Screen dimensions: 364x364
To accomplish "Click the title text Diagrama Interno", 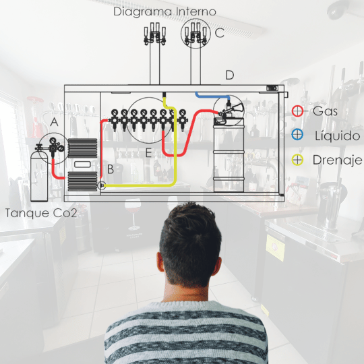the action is [x=164, y=12].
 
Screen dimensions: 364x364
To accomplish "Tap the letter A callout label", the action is [x=54, y=122].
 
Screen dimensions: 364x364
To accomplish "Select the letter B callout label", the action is [x=111, y=169].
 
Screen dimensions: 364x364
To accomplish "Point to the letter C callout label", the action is [x=219, y=33].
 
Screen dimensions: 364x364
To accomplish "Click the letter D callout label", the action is [x=230, y=75].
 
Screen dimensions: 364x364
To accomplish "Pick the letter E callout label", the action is [x=148, y=153].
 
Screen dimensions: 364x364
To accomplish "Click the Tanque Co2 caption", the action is [x=41, y=213].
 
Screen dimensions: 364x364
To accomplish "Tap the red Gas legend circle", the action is [x=297, y=111].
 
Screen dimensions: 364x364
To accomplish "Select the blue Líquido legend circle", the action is [x=297, y=135].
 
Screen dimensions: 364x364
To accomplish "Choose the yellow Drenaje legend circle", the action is [x=297, y=160].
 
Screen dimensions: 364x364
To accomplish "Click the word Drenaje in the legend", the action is [x=337, y=160].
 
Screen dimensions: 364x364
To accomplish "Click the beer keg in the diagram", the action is [x=229, y=155].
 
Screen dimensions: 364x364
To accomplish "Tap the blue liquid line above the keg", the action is [x=212, y=96].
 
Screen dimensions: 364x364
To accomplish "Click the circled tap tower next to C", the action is [x=195, y=34].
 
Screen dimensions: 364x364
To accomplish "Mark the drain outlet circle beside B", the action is [x=101, y=185].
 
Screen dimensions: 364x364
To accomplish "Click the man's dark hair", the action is [x=190, y=241].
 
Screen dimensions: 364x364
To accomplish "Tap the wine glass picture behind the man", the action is [x=133, y=214].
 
